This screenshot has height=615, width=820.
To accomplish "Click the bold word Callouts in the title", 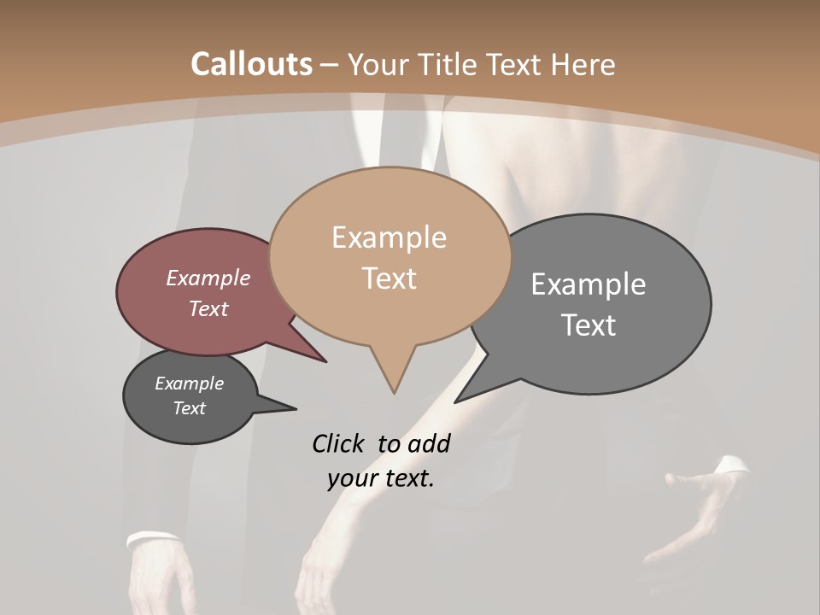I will tap(251, 64).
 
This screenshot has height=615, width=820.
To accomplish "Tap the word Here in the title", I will tap(583, 65).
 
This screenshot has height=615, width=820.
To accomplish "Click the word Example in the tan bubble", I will tap(389, 237).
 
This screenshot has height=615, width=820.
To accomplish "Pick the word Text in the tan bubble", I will tap(389, 278).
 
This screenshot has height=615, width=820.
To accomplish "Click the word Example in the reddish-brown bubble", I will tap(208, 278).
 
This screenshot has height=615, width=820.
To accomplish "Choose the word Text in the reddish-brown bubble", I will tap(208, 308).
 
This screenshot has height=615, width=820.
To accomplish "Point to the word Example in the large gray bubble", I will tap(588, 284).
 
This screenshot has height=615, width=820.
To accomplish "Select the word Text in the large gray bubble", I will tap(588, 325).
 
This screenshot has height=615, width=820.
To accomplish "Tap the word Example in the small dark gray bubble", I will tap(189, 384).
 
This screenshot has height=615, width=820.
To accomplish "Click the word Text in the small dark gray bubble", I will tap(189, 408).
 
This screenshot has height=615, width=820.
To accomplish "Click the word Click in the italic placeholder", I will tap(338, 443).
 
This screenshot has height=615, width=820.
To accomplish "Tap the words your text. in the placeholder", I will tap(380, 478).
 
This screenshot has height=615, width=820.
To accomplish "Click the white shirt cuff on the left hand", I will tap(152, 539).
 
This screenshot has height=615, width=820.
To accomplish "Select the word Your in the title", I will tap(378, 65).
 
